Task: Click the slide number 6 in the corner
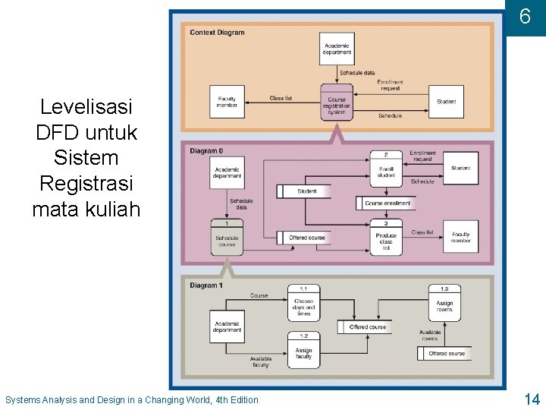click(x=525, y=17)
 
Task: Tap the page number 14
click(x=531, y=399)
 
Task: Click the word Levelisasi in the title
click(x=86, y=106)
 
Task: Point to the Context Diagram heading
click(x=217, y=33)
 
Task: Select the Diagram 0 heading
click(x=206, y=151)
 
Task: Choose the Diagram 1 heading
click(x=206, y=285)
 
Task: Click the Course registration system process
click(x=337, y=103)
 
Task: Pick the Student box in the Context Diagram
click(x=446, y=102)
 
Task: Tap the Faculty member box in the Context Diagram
click(x=227, y=102)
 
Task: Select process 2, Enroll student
click(x=386, y=169)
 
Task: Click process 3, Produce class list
click(x=386, y=238)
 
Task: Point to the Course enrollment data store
click(x=388, y=203)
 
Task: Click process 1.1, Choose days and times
click(x=303, y=304)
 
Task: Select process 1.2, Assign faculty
click(x=303, y=350)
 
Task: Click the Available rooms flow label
click(x=429, y=335)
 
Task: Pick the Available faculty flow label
click(x=260, y=362)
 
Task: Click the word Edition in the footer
click(x=241, y=400)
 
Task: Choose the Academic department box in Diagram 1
click(x=227, y=326)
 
